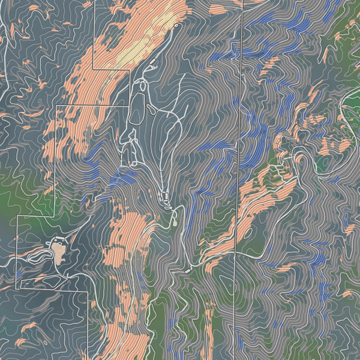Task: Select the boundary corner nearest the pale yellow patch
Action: click(129, 70)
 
